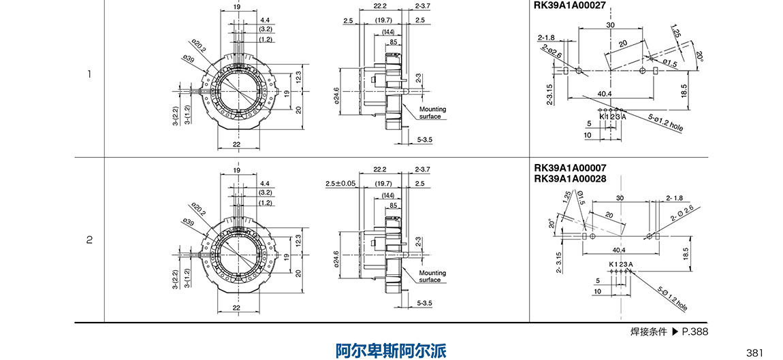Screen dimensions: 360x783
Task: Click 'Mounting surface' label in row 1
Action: coord(432,112)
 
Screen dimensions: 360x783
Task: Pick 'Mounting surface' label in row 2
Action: coord(432,276)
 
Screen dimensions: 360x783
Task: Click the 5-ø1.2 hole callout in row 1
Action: coord(665,122)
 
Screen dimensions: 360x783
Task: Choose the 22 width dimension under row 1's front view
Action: coord(236,144)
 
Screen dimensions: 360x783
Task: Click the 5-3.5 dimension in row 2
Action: coord(424,303)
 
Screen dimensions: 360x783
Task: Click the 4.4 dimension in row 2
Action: coord(265,184)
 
